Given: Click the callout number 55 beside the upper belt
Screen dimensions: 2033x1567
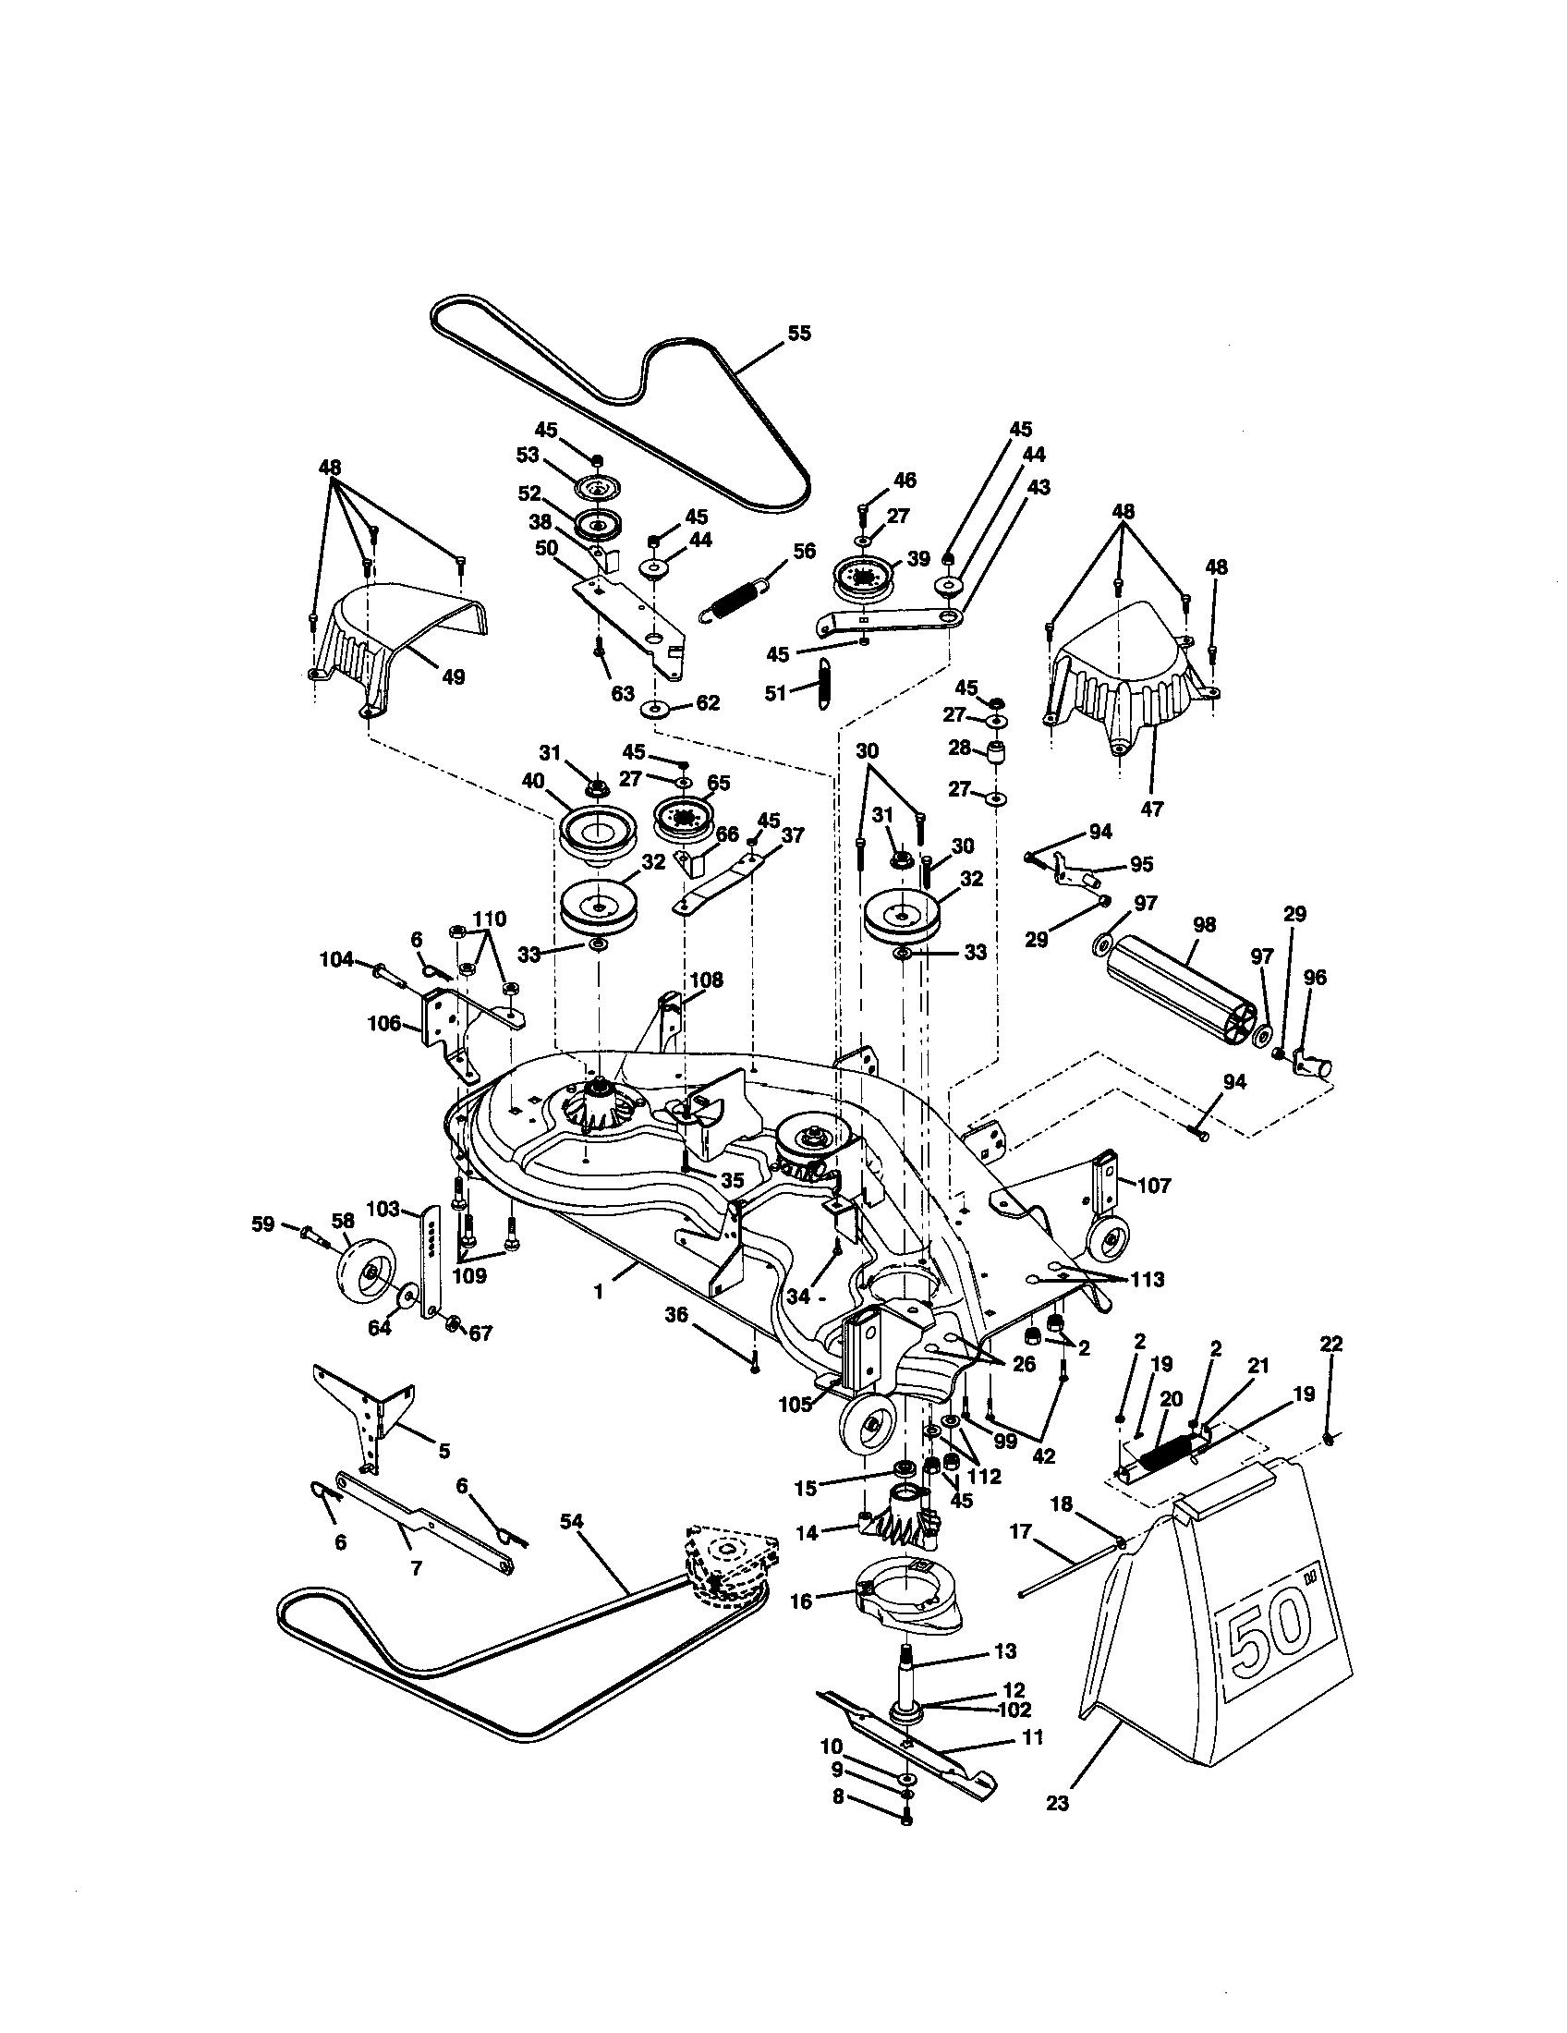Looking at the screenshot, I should (x=798, y=334).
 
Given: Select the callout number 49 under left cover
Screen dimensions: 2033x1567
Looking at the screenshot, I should (x=452, y=676).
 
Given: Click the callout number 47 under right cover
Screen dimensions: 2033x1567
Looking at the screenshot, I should (x=1152, y=809).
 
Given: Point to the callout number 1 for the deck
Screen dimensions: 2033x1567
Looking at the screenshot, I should (x=599, y=1292).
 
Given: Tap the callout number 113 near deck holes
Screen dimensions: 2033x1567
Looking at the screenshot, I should (x=1148, y=1279).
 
